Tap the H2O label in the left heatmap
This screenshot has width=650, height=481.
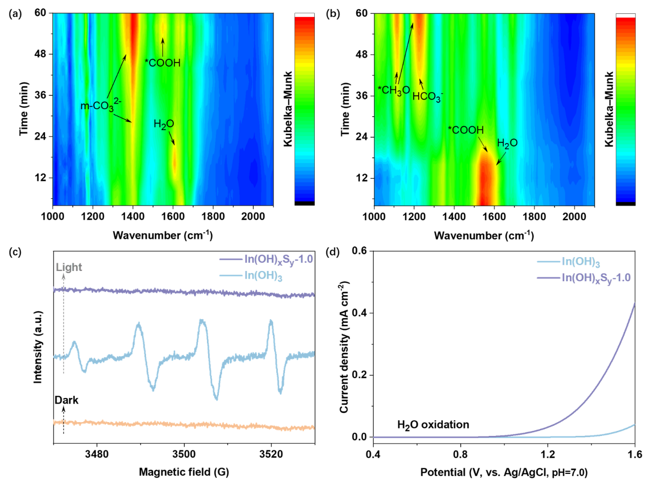click(164, 124)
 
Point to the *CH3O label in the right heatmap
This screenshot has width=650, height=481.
click(393, 90)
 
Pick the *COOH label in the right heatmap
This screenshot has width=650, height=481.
click(465, 130)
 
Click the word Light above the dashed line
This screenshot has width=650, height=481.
click(69, 267)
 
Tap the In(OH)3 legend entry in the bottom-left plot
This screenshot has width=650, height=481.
click(265, 276)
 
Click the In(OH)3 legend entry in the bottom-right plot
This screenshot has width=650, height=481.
click(581, 262)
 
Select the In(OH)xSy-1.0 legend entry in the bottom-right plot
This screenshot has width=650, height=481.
click(596, 278)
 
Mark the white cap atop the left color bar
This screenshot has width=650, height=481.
click(304, 15)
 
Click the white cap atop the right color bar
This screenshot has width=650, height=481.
click(625, 15)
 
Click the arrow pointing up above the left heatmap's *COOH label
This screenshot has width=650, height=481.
click(163, 47)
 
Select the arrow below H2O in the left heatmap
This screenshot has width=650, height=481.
click(171, 138)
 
